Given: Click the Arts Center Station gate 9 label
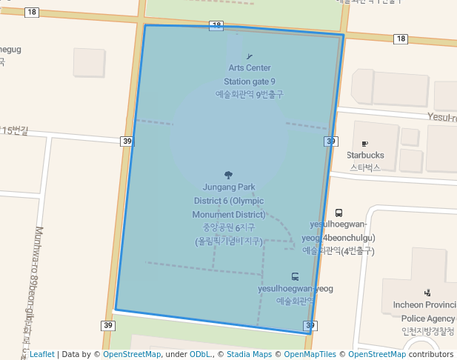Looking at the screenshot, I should coord(250,75).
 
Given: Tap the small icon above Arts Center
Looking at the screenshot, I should coord(249,57).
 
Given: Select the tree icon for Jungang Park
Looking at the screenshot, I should coord(228,176).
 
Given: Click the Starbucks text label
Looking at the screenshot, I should coord(365,156).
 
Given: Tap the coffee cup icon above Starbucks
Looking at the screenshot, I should coord(364,143).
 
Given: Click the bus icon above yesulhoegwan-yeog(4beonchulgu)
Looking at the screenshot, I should coord(339,213).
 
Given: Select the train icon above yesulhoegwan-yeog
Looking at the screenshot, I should coord(296,276).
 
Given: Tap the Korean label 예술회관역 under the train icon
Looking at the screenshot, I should coord(296,301).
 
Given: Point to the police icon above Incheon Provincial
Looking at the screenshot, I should coord(427,293).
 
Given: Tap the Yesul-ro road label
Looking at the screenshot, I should coord(442,118).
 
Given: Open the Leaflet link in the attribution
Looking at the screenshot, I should coord(41,354).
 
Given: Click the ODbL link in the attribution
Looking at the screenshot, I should coord(201,354).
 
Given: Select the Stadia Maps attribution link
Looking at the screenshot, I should coord(251,354).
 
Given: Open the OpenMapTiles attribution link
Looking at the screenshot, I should coord(306,354).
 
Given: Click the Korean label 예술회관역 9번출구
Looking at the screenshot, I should coord(250,94).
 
